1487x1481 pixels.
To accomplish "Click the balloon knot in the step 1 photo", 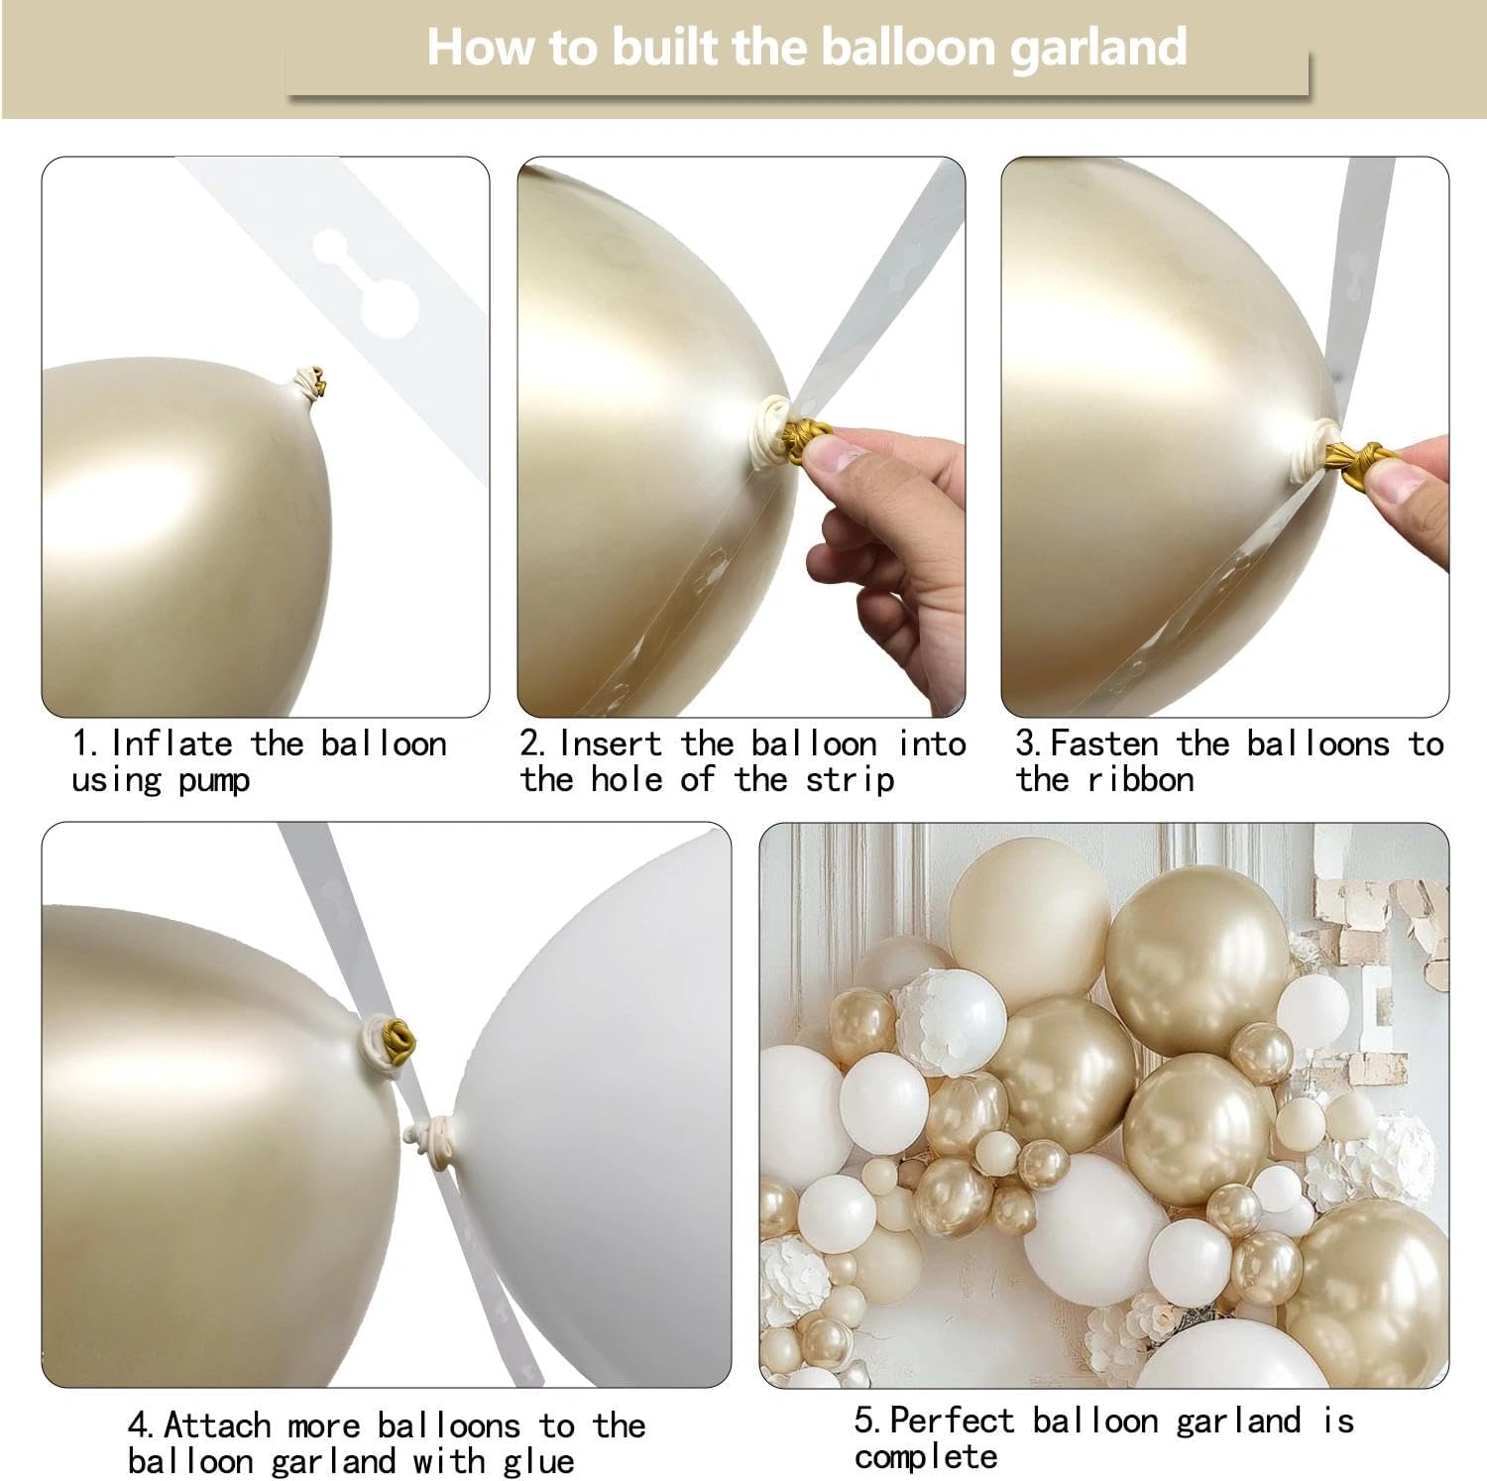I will point(311,383).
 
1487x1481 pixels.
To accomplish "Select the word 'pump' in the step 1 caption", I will point(214,781).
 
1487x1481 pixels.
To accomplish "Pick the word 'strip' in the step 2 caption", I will point(850,781).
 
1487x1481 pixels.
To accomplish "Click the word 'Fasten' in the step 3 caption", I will point(1103,743).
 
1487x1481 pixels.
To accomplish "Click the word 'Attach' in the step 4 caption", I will point(217,1425).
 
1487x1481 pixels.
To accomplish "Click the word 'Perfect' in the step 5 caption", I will point(952,1421).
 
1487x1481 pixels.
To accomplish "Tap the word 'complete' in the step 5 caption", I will point(926,1457).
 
